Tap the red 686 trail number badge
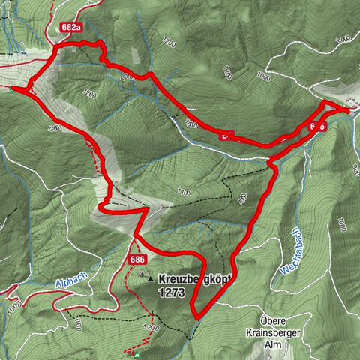pyautogui.click(x=136, y=259)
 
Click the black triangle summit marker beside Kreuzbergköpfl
pyautogui.click(x=152, y=277)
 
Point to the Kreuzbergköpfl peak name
pyautogui.click(x=196, y=277)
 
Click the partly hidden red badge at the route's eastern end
pyautogui.click(x=317, y=127)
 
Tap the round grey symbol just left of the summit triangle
pyautogui.click(x=142, y=274)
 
